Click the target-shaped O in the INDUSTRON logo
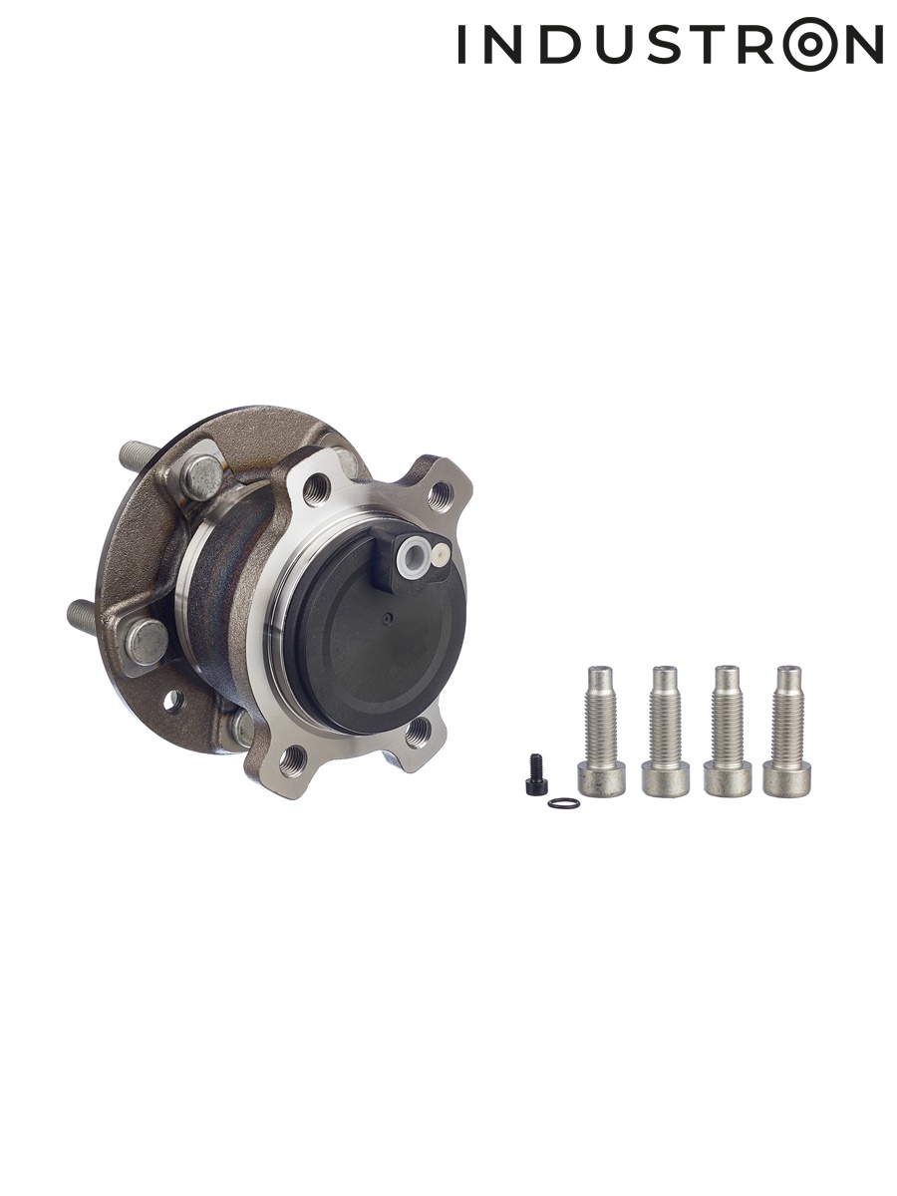(x=811, y=44)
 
